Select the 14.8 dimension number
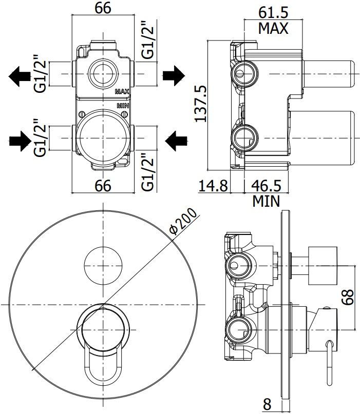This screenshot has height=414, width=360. point(213,185)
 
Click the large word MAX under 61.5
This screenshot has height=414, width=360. point(273,28)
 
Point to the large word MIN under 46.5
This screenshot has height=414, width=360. point(266,201)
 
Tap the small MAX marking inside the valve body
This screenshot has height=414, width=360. point(122,92)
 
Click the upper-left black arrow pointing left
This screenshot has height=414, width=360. point(20,76)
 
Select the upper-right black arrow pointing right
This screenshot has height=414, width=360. point(174,76)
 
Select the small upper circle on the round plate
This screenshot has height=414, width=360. point(103,264)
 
